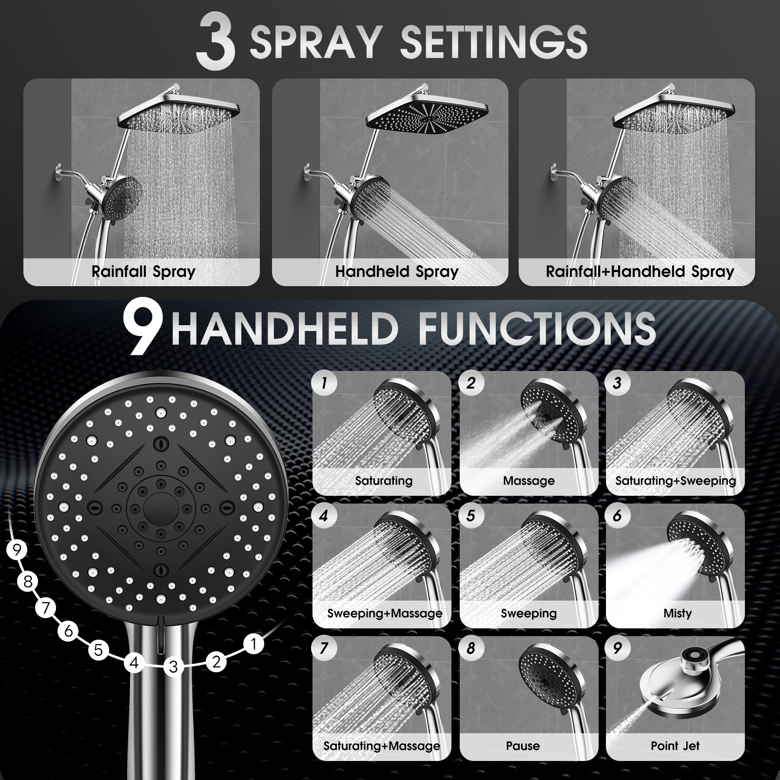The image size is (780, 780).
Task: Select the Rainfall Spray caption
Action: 143,272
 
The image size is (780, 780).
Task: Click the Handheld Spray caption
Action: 397,272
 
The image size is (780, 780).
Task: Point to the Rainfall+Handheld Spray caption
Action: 640,272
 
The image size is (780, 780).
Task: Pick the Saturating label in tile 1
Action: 384,481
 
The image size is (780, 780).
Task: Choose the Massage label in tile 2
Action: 529,481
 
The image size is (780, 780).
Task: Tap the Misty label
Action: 677,613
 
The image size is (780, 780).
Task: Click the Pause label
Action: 523,745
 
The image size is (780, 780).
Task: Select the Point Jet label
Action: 675,745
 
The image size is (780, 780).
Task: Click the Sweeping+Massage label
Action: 385,613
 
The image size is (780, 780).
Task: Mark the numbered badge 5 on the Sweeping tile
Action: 470,516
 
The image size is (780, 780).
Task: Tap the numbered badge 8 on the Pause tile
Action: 470,648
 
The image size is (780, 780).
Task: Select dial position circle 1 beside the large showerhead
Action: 253,644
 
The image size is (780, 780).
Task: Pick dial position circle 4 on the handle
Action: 134,663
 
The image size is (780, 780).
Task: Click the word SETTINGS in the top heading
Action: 493,42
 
